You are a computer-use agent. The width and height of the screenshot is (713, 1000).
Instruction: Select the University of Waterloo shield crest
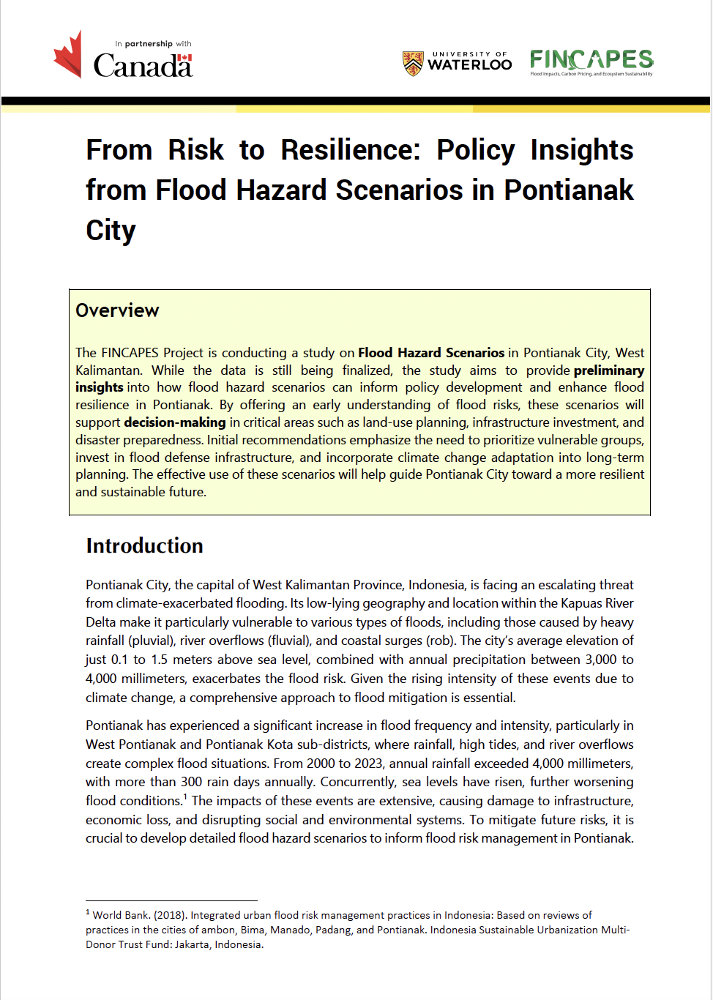coord(413,64)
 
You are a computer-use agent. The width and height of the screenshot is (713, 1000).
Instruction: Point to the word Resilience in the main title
coord(351,150)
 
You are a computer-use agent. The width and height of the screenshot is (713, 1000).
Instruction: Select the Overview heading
coord(117,310)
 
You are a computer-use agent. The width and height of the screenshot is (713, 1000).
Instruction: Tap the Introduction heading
coord(144,546)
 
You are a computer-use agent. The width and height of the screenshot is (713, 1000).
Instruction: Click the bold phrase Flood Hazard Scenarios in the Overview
coord(431,353)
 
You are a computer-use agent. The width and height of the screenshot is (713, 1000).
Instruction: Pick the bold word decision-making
coord(175,422)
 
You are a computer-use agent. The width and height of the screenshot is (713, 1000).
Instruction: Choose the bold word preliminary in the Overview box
coord(609,370)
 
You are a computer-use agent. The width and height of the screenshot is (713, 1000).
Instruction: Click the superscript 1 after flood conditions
coord(185,797)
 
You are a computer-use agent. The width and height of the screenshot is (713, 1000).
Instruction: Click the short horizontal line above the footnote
coord(171,900)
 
